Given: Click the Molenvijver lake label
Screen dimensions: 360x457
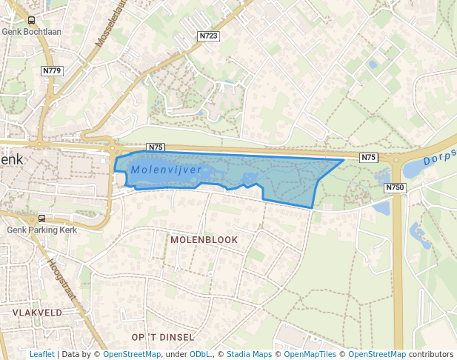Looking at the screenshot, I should click(x=166, y=170).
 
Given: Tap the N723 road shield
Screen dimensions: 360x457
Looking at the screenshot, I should click(x=208, y=36).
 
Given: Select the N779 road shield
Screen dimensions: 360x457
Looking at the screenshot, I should click(x=52, y=70).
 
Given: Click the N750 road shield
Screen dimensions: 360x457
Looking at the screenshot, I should click(x=395, y=188).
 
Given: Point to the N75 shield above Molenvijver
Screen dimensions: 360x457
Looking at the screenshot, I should click(x=156, y=147).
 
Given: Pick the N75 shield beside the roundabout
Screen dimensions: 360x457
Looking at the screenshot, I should click(x=369, y=157).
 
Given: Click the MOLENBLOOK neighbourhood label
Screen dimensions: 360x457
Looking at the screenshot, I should click(x=204, y=240).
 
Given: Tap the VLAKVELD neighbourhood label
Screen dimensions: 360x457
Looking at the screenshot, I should click(x=37, y=313).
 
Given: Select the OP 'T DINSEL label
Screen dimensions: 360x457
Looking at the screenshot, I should click(x=162, y=337).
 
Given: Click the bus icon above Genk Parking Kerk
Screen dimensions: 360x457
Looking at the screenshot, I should click(x=41, y=218).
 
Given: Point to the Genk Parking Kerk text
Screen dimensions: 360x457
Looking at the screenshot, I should click(x=42, y=230).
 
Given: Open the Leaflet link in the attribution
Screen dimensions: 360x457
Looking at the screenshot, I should click(x=41, y=354).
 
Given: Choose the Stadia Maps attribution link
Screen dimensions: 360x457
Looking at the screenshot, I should click(x=249, y=354).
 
